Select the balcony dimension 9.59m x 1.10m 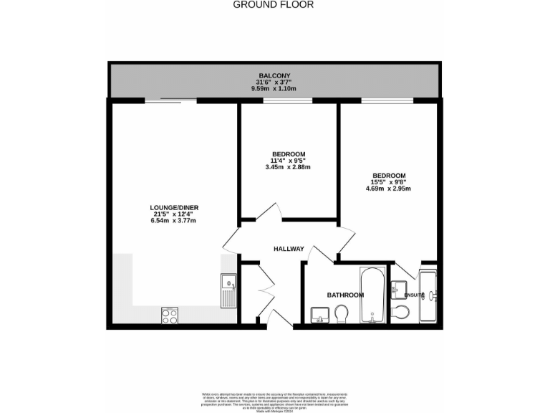point(274,89)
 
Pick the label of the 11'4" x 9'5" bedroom point(289,154)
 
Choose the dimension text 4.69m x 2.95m point(389,189)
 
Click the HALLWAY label point(289,249)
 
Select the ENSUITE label point(414,295)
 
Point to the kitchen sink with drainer point(229,290)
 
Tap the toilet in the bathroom point(342,313)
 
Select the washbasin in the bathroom point(319,313)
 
